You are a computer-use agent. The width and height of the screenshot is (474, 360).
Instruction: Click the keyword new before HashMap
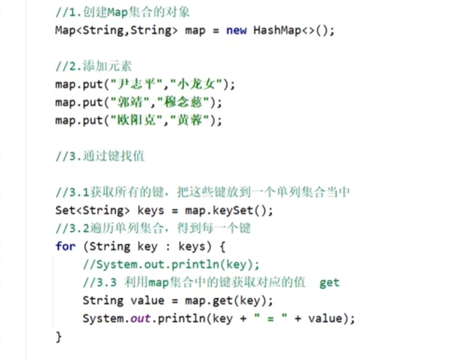(x=236, y=31)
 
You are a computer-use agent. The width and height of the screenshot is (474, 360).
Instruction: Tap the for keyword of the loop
(x=65, y=246)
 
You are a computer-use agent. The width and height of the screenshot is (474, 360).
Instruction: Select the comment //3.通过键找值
(x=100, y=156)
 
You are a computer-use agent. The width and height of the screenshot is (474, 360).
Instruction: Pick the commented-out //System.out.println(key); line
(x=171, y=264)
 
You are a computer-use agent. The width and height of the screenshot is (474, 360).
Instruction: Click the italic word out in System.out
(x=140, y=319)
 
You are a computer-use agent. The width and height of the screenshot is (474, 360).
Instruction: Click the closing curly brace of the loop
(x=58, y=337)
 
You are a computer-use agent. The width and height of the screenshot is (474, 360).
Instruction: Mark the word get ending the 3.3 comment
(x=329, y=283)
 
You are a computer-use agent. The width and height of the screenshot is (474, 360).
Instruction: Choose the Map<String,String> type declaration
(x=116, y=31)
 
